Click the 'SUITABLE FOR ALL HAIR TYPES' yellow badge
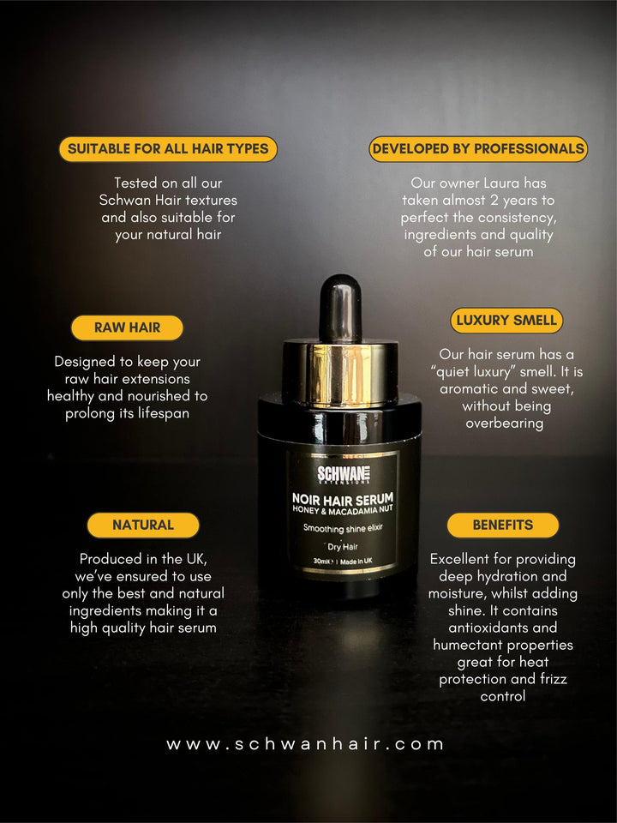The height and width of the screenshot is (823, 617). click(x=168, y=149)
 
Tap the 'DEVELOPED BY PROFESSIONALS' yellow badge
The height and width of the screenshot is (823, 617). click(x=478, y=149)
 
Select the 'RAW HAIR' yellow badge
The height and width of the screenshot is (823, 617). click(x=127, y=327)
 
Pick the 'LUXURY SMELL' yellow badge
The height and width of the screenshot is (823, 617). click(x=506, y=320)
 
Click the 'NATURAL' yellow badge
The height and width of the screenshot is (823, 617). click(x=143, y=525)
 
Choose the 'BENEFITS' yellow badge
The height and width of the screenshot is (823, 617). click(x=503, y=525)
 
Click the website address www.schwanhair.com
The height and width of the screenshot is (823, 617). click(x=305, y=744)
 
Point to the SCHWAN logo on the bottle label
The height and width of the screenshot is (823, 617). click(x=344, y=474)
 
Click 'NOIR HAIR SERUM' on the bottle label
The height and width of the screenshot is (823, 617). click(x=343, y=499)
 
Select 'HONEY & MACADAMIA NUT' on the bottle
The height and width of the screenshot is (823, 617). click(x=343, y=509)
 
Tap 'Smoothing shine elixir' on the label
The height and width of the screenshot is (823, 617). click(x=343, y=528)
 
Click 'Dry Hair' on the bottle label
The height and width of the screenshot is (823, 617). click(x=343, y=546)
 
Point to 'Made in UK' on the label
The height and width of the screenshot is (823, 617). click(x=356, y=561)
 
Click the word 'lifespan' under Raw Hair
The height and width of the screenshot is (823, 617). click(x=164, y=413)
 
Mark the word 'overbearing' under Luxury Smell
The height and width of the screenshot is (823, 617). click(x=504, y=424)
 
